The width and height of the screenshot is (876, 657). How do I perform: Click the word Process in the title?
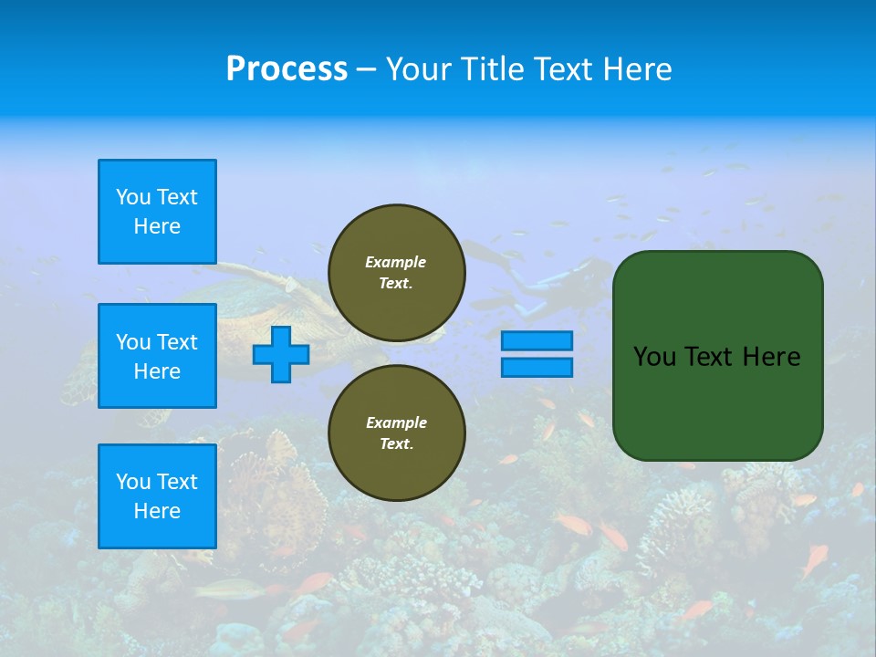point(287,69)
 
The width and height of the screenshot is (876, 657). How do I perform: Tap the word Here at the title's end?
point(636,69)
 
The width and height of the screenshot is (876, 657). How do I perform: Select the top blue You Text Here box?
point(157,212)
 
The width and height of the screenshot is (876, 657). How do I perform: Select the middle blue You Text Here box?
point(157,356)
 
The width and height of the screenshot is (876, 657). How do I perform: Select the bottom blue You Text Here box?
point(157,496)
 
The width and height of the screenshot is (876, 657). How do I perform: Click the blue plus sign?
point(281,354)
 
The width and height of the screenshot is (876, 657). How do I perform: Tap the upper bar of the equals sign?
point(537,340)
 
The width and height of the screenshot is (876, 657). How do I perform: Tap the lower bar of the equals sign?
point(537,367)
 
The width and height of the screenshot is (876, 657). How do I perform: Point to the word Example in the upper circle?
point(396,262)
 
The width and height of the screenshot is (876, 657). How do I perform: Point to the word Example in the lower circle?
point(396,422)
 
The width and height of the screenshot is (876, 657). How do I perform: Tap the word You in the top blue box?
point(131,197)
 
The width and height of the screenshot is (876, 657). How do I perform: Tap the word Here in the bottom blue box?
point(157,511)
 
